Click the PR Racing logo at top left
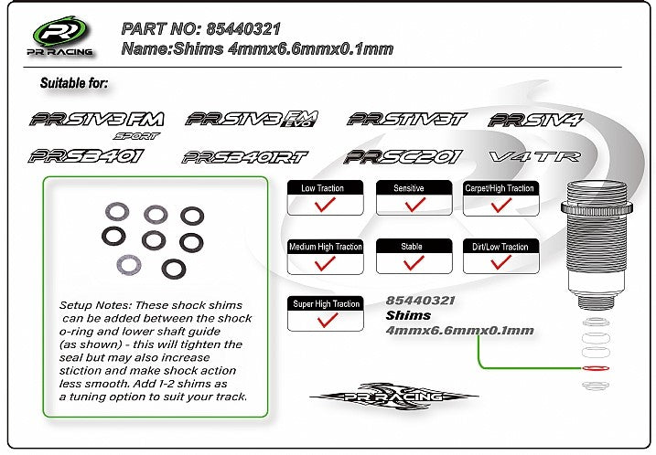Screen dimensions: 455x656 point(62,37)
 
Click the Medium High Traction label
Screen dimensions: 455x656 point(325,247)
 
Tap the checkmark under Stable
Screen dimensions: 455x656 point(414,262)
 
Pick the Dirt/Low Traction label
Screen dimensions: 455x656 point(500,247)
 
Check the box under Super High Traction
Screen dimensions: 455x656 point(325,320)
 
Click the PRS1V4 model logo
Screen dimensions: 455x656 point(536,121)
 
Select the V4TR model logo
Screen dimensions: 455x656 point(535,156)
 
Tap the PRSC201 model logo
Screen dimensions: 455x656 point(403,156)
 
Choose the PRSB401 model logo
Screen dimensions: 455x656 point(87,155)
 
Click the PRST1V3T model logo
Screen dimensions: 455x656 point(407,119)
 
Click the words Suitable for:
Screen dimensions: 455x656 point(74,84)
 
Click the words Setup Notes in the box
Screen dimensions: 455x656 point(95,304)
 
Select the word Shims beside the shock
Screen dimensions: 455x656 point(408,315)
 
